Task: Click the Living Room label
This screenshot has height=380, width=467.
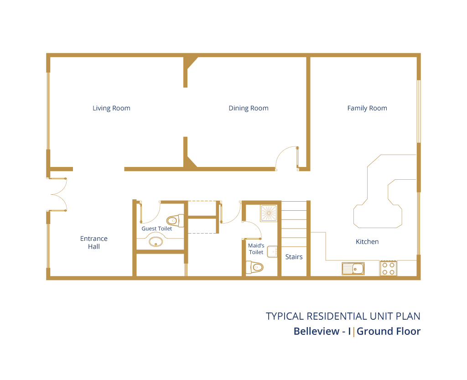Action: coord(111,108)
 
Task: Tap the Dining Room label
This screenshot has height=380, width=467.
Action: coord(249,108)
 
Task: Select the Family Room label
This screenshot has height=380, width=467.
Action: coord(367,108)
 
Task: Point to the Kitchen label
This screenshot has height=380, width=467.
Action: coord(367,241)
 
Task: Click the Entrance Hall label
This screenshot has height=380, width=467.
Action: coord(94,242)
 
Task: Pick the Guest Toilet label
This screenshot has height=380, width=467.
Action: coord(157,229)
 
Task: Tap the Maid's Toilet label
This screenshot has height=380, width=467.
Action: coord(256,249)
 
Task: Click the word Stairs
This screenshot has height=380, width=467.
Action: coord(294,257)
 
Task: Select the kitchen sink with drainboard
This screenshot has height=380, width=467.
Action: coord(353,269)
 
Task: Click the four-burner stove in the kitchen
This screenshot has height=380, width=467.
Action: coord(389,268)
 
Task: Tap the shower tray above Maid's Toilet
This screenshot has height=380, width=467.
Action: coord(269,213)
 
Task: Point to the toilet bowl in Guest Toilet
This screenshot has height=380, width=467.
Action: coord(175,221)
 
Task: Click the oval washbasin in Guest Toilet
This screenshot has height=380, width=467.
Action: coord(156,241)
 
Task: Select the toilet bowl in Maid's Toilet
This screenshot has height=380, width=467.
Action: coord(254,267)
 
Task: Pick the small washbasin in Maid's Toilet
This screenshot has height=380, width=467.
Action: coord(272,252)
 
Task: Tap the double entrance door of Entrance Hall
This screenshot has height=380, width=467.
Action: coord(58,194)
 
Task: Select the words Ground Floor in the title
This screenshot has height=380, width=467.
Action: coord(389,331)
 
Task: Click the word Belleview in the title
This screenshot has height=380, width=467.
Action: coord(317,331)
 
